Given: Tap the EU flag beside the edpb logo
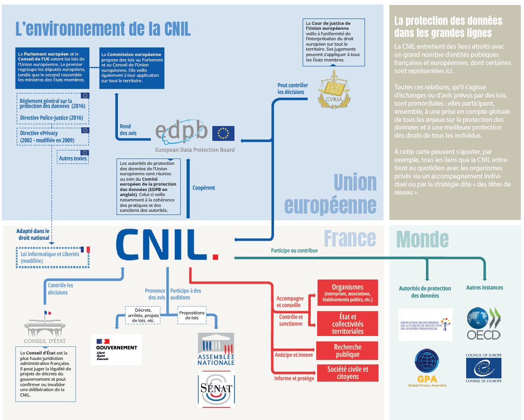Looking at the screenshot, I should [x=223, y=133].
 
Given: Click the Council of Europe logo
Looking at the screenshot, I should [x=483, y=369].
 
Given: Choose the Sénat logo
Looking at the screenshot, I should [x=216, y=389].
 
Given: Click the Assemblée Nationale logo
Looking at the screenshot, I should [x=216, y=349].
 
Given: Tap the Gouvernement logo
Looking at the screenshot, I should [x=117, y=349].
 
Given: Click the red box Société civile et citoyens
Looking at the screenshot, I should [x=347, y=373].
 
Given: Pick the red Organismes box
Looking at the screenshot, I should [x=347, y=293].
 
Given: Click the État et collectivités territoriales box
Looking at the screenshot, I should [x=347, y=324].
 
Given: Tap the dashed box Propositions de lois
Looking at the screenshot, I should [x=192, y=315].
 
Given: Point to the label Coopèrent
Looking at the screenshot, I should [x=204, y=187].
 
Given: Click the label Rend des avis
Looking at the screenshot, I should [x=128, y=130].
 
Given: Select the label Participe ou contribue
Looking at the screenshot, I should [x=294, y=250].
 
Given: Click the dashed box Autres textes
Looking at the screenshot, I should [x=73, y=158].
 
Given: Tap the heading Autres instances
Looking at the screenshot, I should [x=484, y=287].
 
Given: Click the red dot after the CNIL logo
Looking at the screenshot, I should [x=215, y=257].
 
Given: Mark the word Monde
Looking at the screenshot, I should [x=422, y=239].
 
